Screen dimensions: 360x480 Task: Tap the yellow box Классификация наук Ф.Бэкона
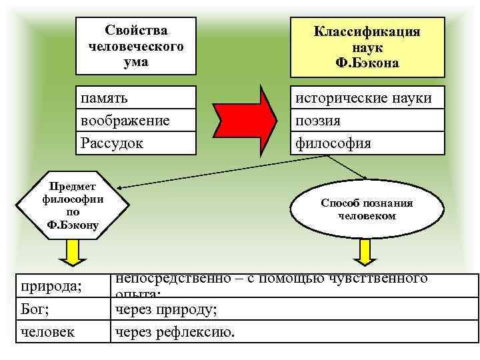(x=367, y=47)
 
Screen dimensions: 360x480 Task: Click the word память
(x=105, y=98)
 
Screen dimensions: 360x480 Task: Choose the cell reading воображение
(x=125, y=121)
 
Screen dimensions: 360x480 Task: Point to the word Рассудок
(x=111, y=143)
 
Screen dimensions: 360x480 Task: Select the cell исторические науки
(x=363, y=98)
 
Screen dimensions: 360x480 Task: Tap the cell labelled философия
(x=333, y=143)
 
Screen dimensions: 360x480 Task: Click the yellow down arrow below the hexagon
(x=72, y=252)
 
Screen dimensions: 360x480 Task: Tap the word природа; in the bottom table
(x=51, y=287)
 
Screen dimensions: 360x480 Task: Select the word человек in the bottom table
(x=47, y=331)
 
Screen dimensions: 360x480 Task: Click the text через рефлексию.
(x=175, y=331)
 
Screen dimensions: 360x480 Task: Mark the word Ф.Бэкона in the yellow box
(x=368, y=63)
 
